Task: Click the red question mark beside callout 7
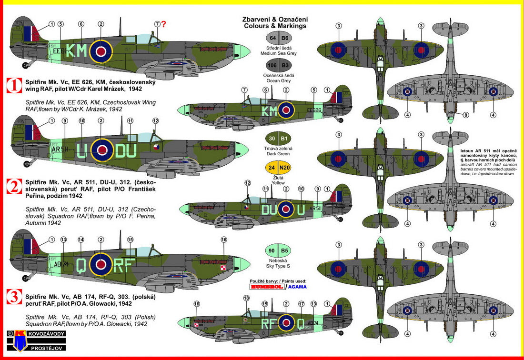[x=164, y=24]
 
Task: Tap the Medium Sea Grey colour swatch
[x=279, y=38]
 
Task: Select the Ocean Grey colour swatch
[x=279, y=65]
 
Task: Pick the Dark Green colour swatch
[x=279, y=139]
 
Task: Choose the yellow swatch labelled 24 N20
[x=279, y=167]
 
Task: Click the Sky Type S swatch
[x=279, y=250]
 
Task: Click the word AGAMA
[x=297, y=286]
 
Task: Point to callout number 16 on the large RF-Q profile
[x=224, y=240]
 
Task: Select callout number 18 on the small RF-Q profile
[x=246, y=298]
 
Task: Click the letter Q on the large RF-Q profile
[x=81, y=264]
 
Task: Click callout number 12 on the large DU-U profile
[x=155, y=121]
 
